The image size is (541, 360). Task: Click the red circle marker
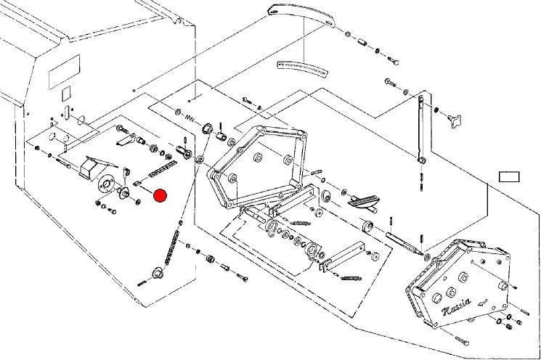click(x=160, y=195)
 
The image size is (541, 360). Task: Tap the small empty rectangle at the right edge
click(x=510, y=176)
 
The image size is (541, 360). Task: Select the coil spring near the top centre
click(x=191, y=118)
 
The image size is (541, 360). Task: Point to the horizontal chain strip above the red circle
click(x=160, y=170)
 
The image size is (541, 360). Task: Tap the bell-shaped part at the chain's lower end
click(x=155, y=274)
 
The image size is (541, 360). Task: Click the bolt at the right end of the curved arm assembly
click(x=392, y=58)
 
